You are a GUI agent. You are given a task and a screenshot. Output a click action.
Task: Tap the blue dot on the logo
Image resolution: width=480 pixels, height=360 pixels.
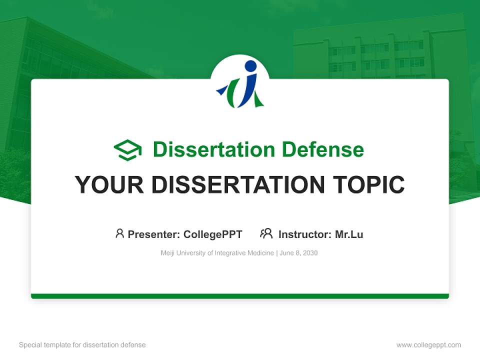coord(250,66)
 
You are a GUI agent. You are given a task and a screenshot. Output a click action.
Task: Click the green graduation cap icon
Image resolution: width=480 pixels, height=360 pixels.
coord(127,150)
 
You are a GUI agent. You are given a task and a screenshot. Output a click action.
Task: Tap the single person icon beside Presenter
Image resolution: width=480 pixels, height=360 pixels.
coord(119,233)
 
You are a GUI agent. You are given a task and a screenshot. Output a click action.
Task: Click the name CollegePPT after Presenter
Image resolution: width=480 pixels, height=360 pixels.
coord(213,234)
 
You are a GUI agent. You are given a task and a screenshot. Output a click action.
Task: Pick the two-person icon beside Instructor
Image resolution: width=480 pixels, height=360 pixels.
coord(266,233)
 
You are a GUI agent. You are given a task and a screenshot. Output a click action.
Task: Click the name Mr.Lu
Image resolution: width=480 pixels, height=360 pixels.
coord(349,234)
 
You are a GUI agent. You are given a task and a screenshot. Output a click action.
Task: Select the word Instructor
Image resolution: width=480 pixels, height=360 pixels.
coord(304,234)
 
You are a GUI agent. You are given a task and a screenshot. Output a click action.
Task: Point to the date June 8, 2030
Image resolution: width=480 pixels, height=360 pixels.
coord(299,253)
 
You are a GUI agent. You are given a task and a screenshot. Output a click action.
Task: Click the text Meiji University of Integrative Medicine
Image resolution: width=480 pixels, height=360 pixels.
coord(217,253)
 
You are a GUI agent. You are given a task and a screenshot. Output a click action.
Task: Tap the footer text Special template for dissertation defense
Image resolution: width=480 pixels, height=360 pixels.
coord(82,345)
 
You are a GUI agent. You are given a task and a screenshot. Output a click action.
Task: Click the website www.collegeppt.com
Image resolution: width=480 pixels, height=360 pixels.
coord(428,345)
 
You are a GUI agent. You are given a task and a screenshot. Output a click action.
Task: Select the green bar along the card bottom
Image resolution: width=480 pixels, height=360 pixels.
coord(240,296)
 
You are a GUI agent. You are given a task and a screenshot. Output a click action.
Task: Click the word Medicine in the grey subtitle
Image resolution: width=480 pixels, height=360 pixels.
coord(260,253)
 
